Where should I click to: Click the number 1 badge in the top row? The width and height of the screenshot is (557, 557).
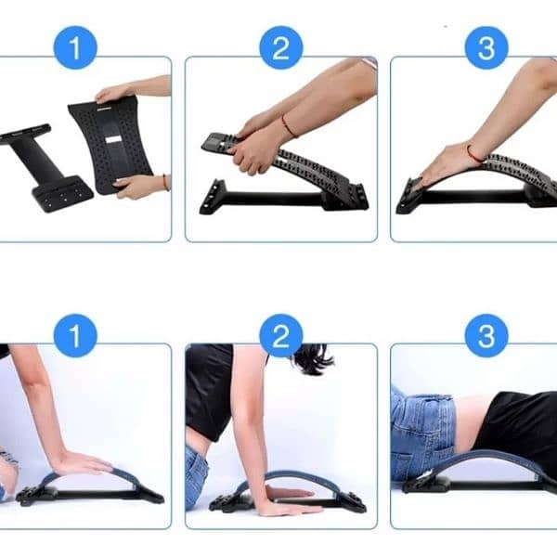76,47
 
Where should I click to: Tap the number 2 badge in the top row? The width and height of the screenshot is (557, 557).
280,47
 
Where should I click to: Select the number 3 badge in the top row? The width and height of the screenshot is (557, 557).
486,47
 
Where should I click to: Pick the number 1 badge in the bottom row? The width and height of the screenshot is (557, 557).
76,335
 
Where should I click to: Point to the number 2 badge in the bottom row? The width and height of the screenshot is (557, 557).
280,335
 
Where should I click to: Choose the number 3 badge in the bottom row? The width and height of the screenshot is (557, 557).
486,335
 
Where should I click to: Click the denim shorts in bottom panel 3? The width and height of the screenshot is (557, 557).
422,432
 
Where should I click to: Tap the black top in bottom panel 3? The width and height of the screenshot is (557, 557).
520,422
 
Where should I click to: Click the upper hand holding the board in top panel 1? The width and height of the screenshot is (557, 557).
116,92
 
